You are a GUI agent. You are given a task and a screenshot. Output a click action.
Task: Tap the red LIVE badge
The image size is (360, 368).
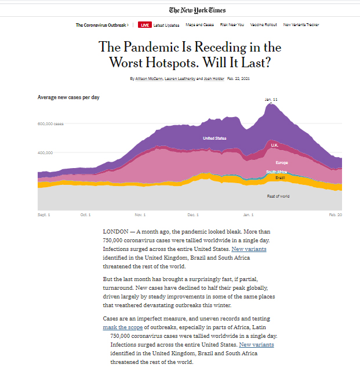pos(145,25)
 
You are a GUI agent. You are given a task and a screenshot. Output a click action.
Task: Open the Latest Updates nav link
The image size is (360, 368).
pos(167,25)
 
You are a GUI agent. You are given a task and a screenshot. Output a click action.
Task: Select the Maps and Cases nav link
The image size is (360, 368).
pos(200,25)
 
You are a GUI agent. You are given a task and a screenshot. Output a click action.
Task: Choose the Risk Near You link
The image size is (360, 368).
pos(232,25)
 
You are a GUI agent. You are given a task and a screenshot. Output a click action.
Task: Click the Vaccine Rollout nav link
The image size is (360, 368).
pos(264,25)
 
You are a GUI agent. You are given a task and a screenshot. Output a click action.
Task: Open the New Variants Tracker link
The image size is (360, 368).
pos(301,25)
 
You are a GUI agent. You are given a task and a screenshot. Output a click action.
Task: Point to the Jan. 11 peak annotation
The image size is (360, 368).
pos(271,100)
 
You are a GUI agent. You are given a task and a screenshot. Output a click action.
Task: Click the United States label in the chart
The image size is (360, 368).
pos(214,139)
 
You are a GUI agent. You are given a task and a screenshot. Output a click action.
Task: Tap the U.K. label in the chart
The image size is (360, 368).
pos(275,145)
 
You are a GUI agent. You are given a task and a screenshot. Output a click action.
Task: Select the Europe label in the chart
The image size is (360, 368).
pos(282,163)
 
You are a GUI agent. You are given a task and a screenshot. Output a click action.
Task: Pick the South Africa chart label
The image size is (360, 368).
pos(277,172)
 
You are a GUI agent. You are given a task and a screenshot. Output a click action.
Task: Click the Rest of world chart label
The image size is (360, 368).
pos(278,196)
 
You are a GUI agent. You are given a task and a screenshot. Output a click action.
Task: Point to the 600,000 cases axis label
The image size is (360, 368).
pos(50,124)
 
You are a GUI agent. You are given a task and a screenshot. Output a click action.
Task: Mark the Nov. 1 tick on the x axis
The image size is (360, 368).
pos(140,215)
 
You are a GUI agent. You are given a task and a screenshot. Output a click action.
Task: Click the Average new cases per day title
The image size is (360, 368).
pos(68,97)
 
